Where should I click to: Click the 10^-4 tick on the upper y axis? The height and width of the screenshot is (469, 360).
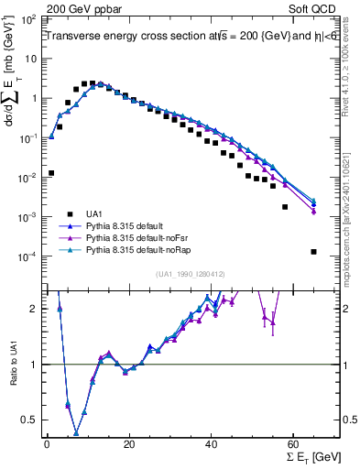pos(29,256)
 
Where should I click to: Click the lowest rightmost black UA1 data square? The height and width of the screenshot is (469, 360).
pos(313,252)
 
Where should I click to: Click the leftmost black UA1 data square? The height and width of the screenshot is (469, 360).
pos(51,172)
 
